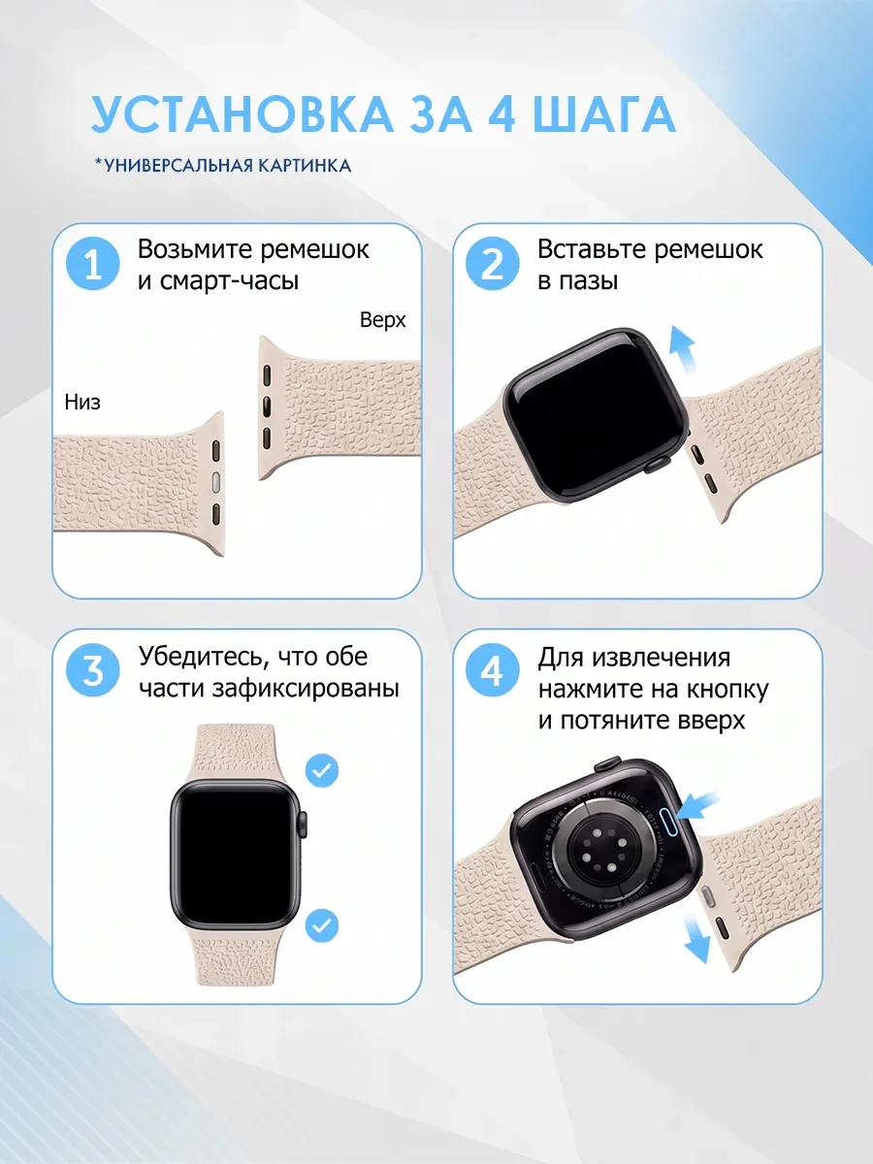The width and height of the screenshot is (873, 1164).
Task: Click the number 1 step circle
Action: tap(93, 264)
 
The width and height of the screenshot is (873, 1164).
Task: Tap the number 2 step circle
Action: tap(493, 264)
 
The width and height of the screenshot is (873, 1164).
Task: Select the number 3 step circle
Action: tap(93, 670)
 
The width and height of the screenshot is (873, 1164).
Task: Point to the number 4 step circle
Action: tap(493, 670)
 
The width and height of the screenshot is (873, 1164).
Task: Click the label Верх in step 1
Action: tap(382, 320)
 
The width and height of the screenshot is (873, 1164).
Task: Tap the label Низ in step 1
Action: tap(82, 402)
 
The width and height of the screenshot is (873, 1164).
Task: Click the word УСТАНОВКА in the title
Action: tap(242, 114)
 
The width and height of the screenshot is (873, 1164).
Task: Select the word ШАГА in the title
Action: tap(604, 114)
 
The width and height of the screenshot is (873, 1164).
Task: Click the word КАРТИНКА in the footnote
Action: tap(305, 166)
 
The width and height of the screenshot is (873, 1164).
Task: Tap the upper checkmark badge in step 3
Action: tap(322, 770)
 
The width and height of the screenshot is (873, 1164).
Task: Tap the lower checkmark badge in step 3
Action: tap(322, 925)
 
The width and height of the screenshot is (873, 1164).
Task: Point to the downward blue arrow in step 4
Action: tap(697, 938)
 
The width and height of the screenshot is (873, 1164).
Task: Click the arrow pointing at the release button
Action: tap(698, 807)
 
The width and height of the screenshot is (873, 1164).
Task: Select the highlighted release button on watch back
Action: tap(669, 822)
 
